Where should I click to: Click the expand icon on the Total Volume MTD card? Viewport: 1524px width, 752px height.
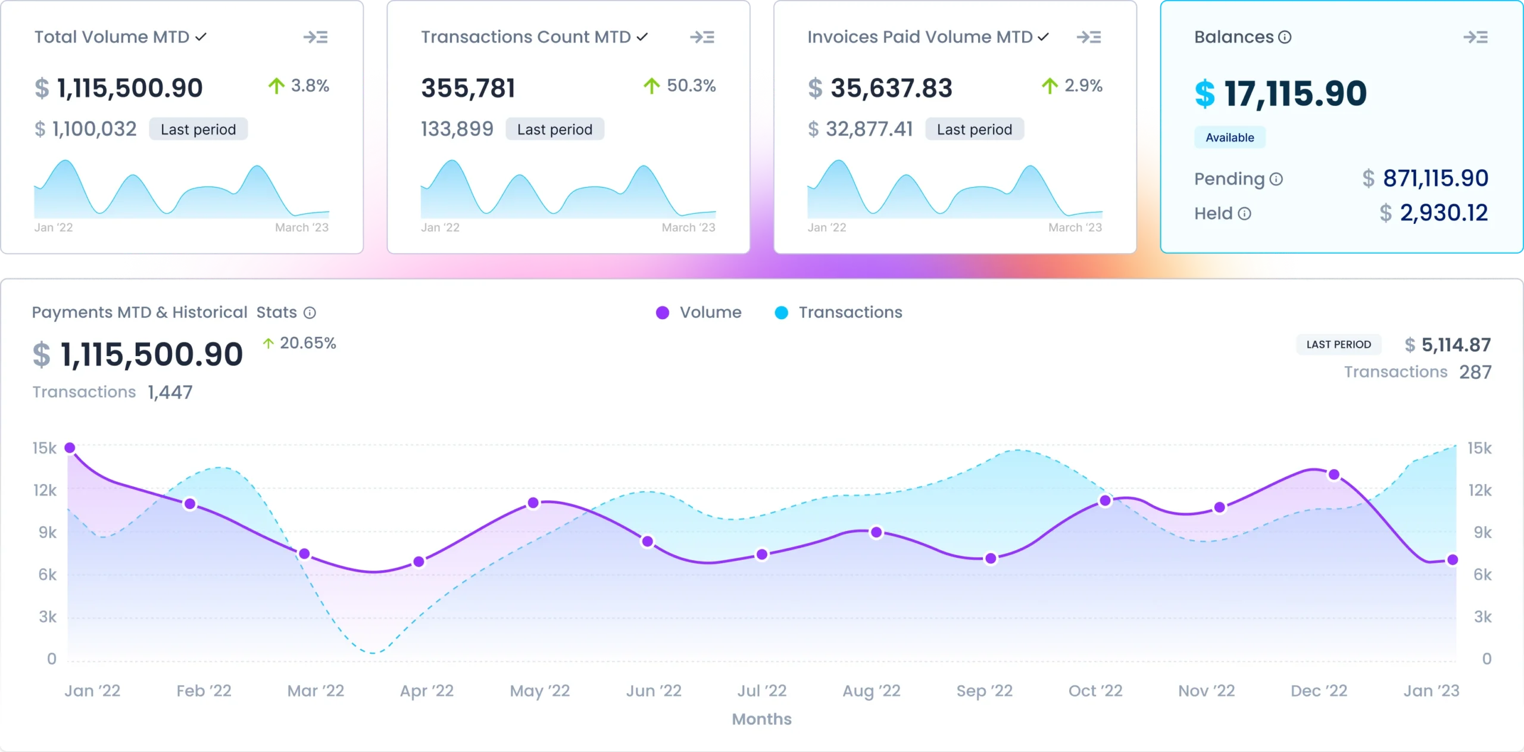point(316,38)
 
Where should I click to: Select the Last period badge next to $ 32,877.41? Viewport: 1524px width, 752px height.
point(974,129)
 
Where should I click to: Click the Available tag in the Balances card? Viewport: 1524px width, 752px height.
point(1229,138)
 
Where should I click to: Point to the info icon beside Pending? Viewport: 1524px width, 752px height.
point(1276,179)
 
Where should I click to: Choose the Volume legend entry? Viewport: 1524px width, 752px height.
point(699,313)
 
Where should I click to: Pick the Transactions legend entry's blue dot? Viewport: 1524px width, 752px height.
point(781,313)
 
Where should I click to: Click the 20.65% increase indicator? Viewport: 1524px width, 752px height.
point(299,344)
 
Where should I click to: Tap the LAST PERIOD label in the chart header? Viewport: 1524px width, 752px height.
point(1338,345)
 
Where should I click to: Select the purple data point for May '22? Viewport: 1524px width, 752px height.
point(533,503)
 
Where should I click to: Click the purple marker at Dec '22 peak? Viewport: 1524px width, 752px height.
point(1334,475)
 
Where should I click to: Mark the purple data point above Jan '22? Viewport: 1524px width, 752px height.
point(70,448)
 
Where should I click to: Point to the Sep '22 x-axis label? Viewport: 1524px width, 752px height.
point(984,691)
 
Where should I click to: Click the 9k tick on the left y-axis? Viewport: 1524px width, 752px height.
point(48,532)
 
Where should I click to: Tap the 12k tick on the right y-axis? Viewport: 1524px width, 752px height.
point(1480,491)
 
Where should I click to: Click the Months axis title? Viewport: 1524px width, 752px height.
point(761,719)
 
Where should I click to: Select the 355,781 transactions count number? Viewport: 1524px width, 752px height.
point(468,88)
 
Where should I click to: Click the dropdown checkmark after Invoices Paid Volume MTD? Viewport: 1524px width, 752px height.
point(1042,37)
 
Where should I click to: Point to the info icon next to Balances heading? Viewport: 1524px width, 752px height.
point(1285,38)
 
